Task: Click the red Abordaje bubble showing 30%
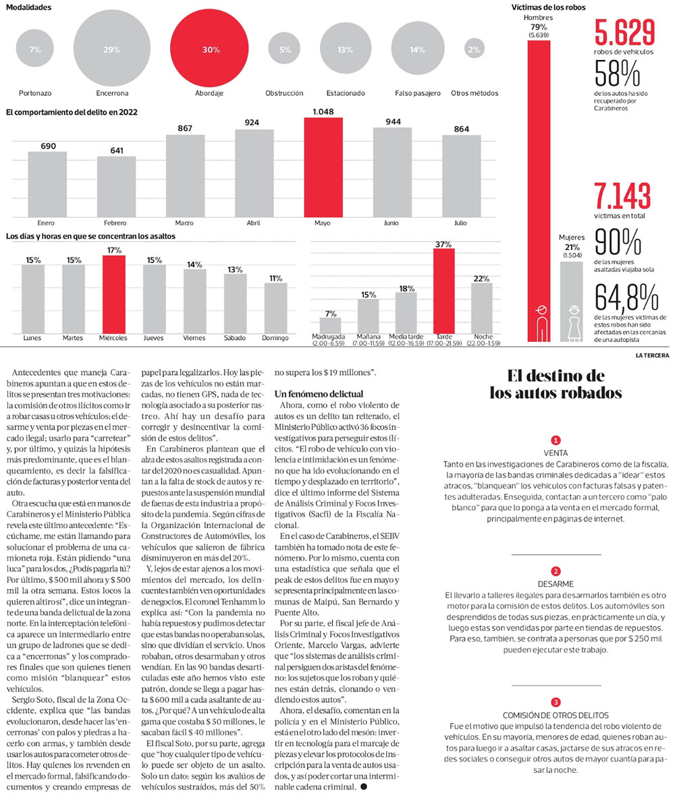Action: [x=211, y=49]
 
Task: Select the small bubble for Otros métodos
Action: [x=474, y=49]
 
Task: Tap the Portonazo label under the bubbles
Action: [x=35, y=93]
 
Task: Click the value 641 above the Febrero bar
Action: [x=116, y=150]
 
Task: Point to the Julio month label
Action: [x=460, y=223]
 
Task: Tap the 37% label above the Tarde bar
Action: [x=443, y=245]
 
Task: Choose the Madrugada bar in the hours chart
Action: [x=330, y=324]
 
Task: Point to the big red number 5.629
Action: [x=624, y=33]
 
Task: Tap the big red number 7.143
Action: [x=622, y=196]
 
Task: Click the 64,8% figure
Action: [x=626, y=297]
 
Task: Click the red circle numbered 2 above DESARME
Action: [x=556, y=571]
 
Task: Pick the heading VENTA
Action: [x=556, y=453]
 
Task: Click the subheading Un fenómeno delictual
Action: [x=319, y=393]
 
